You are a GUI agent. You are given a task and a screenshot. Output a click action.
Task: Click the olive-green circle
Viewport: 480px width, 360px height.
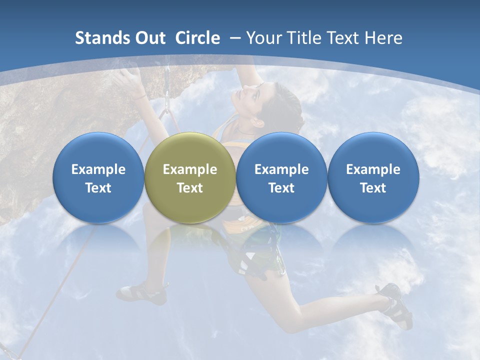[x=189, y=178]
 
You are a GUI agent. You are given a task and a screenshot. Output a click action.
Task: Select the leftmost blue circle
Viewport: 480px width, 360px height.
[x=98, y=178]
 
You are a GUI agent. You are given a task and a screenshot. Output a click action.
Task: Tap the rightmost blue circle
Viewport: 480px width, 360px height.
[x=373, y=178]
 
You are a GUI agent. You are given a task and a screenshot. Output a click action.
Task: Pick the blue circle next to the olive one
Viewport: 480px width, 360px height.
[x=281, y=178]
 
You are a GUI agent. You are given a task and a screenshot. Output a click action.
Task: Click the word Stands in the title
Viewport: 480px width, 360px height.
[x=102, y=38]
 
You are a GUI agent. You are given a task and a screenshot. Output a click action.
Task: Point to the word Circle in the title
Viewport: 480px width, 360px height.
[x=197, y=38]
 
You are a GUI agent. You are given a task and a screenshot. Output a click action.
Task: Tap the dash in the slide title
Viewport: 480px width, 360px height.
[x=235, y=38]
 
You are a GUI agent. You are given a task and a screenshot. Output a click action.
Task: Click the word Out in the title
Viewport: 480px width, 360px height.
[x=150, y=38]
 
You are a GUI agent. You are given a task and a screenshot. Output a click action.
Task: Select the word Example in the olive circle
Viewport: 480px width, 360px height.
[x=189, y=169]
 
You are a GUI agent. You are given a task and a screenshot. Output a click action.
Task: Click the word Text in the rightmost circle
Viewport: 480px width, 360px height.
[x=373, y=188]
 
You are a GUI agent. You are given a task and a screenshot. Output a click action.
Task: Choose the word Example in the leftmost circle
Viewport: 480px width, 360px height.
[x=98, y=169]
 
